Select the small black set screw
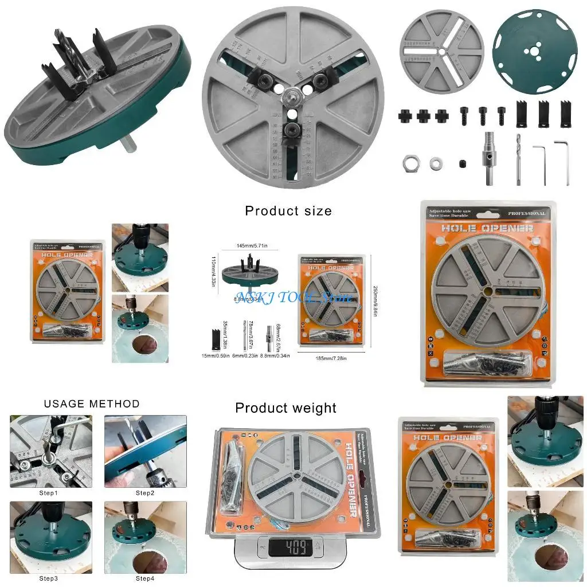pos(462,165)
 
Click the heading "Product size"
pos(288,211)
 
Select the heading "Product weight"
pos(285,408)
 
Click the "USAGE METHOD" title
pos(92,404)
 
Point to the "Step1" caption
pos(48,493)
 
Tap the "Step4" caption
pos(145,578)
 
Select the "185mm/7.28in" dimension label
pos(332,358)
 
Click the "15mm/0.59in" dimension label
pos(216,356)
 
